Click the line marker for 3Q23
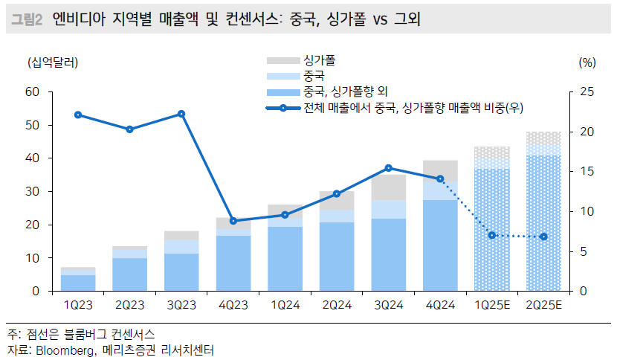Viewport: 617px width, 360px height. click(181, 114)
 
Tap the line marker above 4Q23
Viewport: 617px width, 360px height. click(233, 221)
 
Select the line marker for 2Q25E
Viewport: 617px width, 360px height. click(543, 237)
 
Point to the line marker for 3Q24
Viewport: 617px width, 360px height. click(389, 168)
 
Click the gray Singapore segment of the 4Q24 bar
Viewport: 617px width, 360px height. click(440, 170)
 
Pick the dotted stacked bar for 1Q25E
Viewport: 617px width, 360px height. click(492, 223)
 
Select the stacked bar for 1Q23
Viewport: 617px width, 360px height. click(78, 280)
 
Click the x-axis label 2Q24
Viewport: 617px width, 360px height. click(337, 305)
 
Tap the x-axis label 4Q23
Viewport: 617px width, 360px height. click(233, 305)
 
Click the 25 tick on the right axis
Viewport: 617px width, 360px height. click(587, 92)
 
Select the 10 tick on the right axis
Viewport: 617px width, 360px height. click(587, 211)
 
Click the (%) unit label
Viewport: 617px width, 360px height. click(587, 62)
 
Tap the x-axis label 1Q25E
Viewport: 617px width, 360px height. click(492, 305)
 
